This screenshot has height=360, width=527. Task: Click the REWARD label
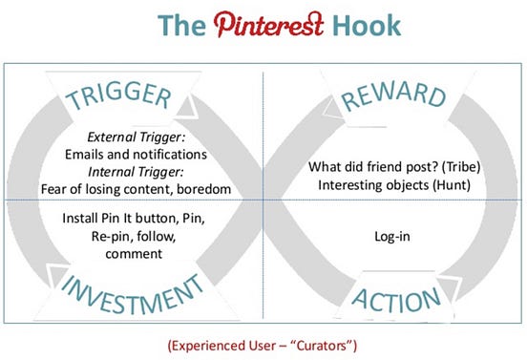393,96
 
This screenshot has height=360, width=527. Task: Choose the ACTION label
395,297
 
